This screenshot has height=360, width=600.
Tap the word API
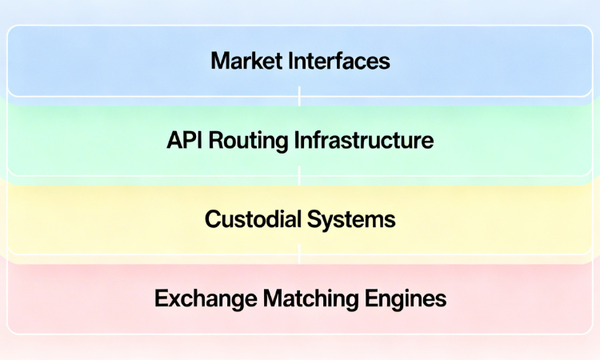[x=185, y=141]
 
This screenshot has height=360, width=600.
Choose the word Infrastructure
[x=364, y=141]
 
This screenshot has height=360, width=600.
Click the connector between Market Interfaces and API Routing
[x=299, y=97]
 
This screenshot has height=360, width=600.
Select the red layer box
[x=80, y=299]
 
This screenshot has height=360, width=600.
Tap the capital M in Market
[x=219, y=61]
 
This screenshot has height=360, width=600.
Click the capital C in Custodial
[x=213, y=219]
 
